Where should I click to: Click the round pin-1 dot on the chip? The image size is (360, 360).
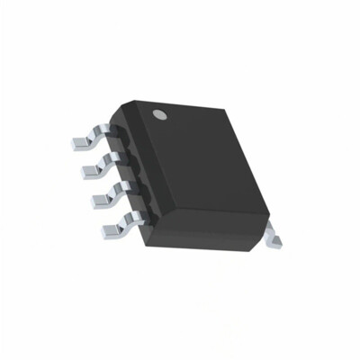[161, 114]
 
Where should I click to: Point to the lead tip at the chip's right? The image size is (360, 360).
[276, 236]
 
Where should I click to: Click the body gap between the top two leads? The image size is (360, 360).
[118, 148]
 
